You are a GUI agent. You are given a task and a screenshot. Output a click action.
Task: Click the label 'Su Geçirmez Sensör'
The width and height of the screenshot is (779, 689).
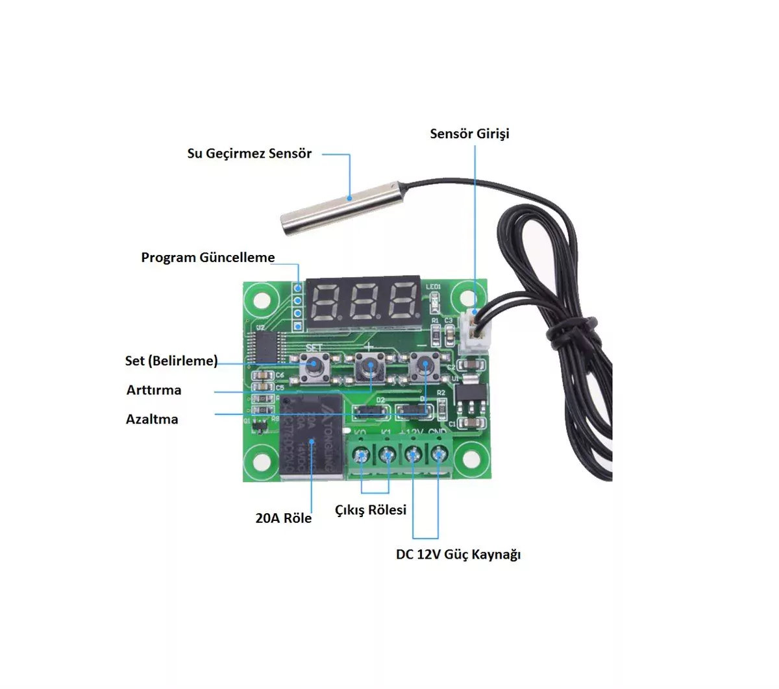tap(249, 154)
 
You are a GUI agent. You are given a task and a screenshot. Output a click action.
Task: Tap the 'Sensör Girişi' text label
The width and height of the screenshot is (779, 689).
tap(469, 134)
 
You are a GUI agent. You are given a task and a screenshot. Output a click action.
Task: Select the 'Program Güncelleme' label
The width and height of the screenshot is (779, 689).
tap(208, 258)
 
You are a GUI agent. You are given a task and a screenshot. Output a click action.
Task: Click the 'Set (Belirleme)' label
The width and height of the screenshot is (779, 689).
tap(171, 361)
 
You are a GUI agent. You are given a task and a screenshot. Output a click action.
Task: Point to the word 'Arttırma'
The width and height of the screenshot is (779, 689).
tap(154, 390)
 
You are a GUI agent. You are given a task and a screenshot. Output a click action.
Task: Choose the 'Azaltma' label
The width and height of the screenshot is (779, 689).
tap(152, 419)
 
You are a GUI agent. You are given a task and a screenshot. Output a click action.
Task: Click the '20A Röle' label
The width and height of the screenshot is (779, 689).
tap(284, 518)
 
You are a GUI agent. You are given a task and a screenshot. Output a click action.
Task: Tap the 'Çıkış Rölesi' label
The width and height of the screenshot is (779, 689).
tap(371, 510)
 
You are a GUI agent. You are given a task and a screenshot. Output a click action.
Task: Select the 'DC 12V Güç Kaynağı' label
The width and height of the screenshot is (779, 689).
tap(458, 555)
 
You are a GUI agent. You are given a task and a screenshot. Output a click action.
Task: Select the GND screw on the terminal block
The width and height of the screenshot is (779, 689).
tap(440, 455)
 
